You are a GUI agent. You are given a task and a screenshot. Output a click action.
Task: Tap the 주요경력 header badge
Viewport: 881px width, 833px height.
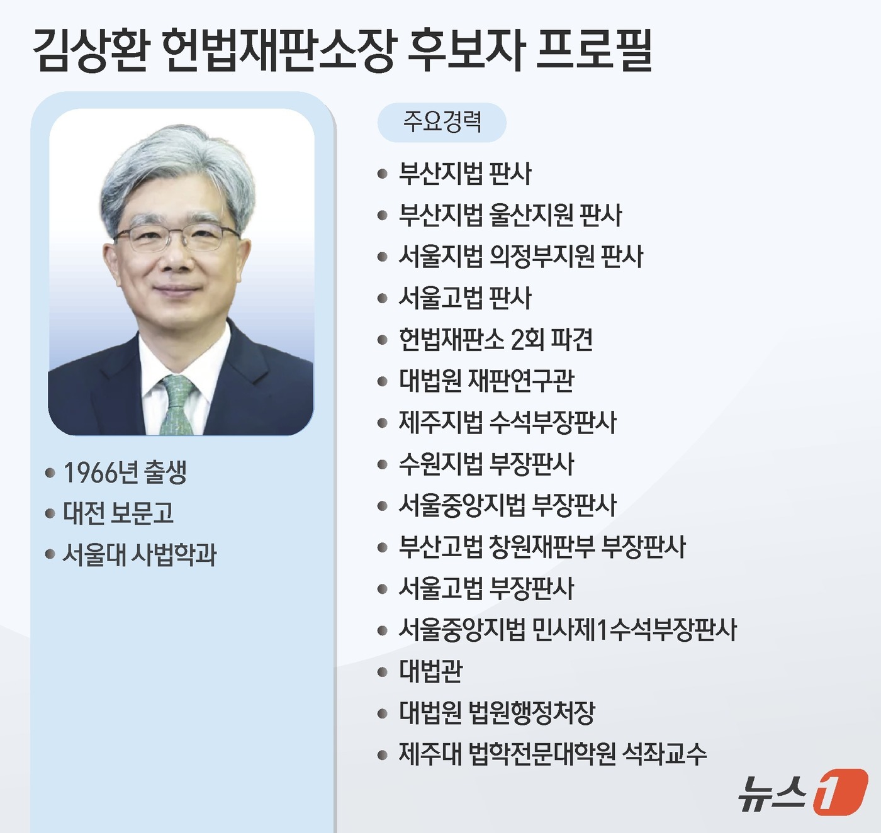coord(442,122)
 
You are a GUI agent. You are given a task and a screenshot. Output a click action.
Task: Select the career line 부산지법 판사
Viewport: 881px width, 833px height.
coord(465,174)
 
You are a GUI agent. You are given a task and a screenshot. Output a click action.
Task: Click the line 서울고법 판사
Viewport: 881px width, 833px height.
coord(465,298)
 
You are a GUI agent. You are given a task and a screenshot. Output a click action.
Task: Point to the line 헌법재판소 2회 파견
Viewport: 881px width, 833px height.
coord(496,340)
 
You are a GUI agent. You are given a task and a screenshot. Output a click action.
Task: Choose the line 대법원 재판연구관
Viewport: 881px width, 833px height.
coord(486,381)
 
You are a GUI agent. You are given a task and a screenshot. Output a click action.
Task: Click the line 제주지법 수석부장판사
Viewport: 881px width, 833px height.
coord(507,422)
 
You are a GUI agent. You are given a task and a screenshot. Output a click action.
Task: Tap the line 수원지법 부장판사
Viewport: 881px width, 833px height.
coord(486,464)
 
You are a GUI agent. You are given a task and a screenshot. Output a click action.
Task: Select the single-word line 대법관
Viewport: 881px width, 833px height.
coord(431,671)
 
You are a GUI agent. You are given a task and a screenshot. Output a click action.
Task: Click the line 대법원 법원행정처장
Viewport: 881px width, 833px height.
coord(497,712)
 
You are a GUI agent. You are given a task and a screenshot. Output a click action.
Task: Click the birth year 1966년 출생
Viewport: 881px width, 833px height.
coord(125,472)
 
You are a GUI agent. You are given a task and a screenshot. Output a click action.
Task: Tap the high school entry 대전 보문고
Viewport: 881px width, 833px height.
coord(118,513)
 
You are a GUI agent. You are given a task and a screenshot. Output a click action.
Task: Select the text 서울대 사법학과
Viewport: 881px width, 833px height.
coord(140,555)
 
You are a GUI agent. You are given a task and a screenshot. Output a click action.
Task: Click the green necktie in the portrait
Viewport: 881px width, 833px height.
coord(177,405)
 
